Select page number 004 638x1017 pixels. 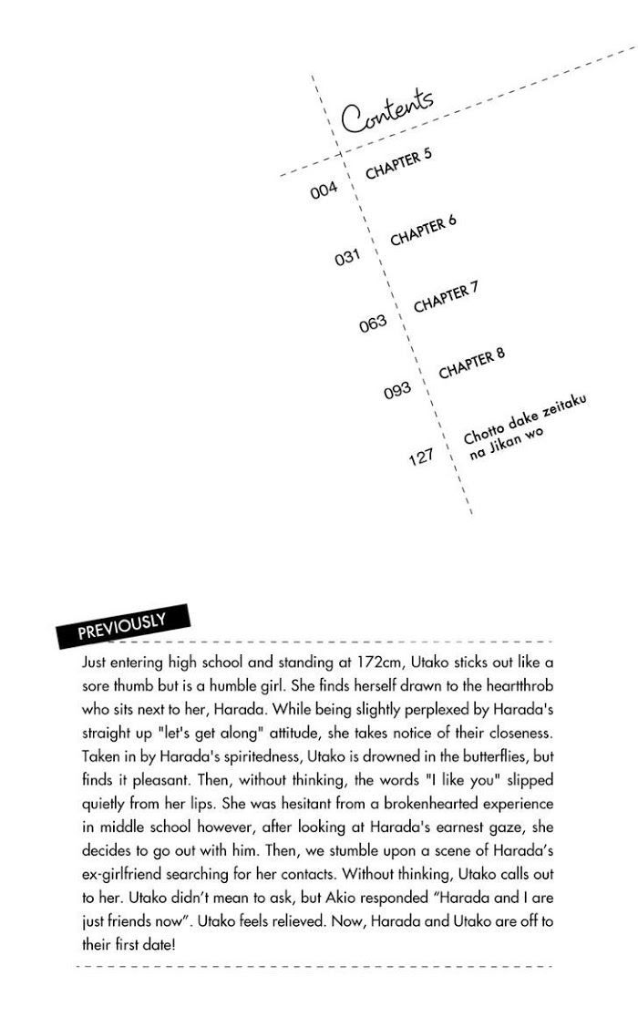tap(324, 190)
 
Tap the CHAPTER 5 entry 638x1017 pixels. tap(398, 164)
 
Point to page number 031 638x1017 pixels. tap(348, 257)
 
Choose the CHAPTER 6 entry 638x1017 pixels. tap(423, 231)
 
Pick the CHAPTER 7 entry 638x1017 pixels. tap(446, 297)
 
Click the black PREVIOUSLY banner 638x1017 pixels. tap(123, 626)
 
